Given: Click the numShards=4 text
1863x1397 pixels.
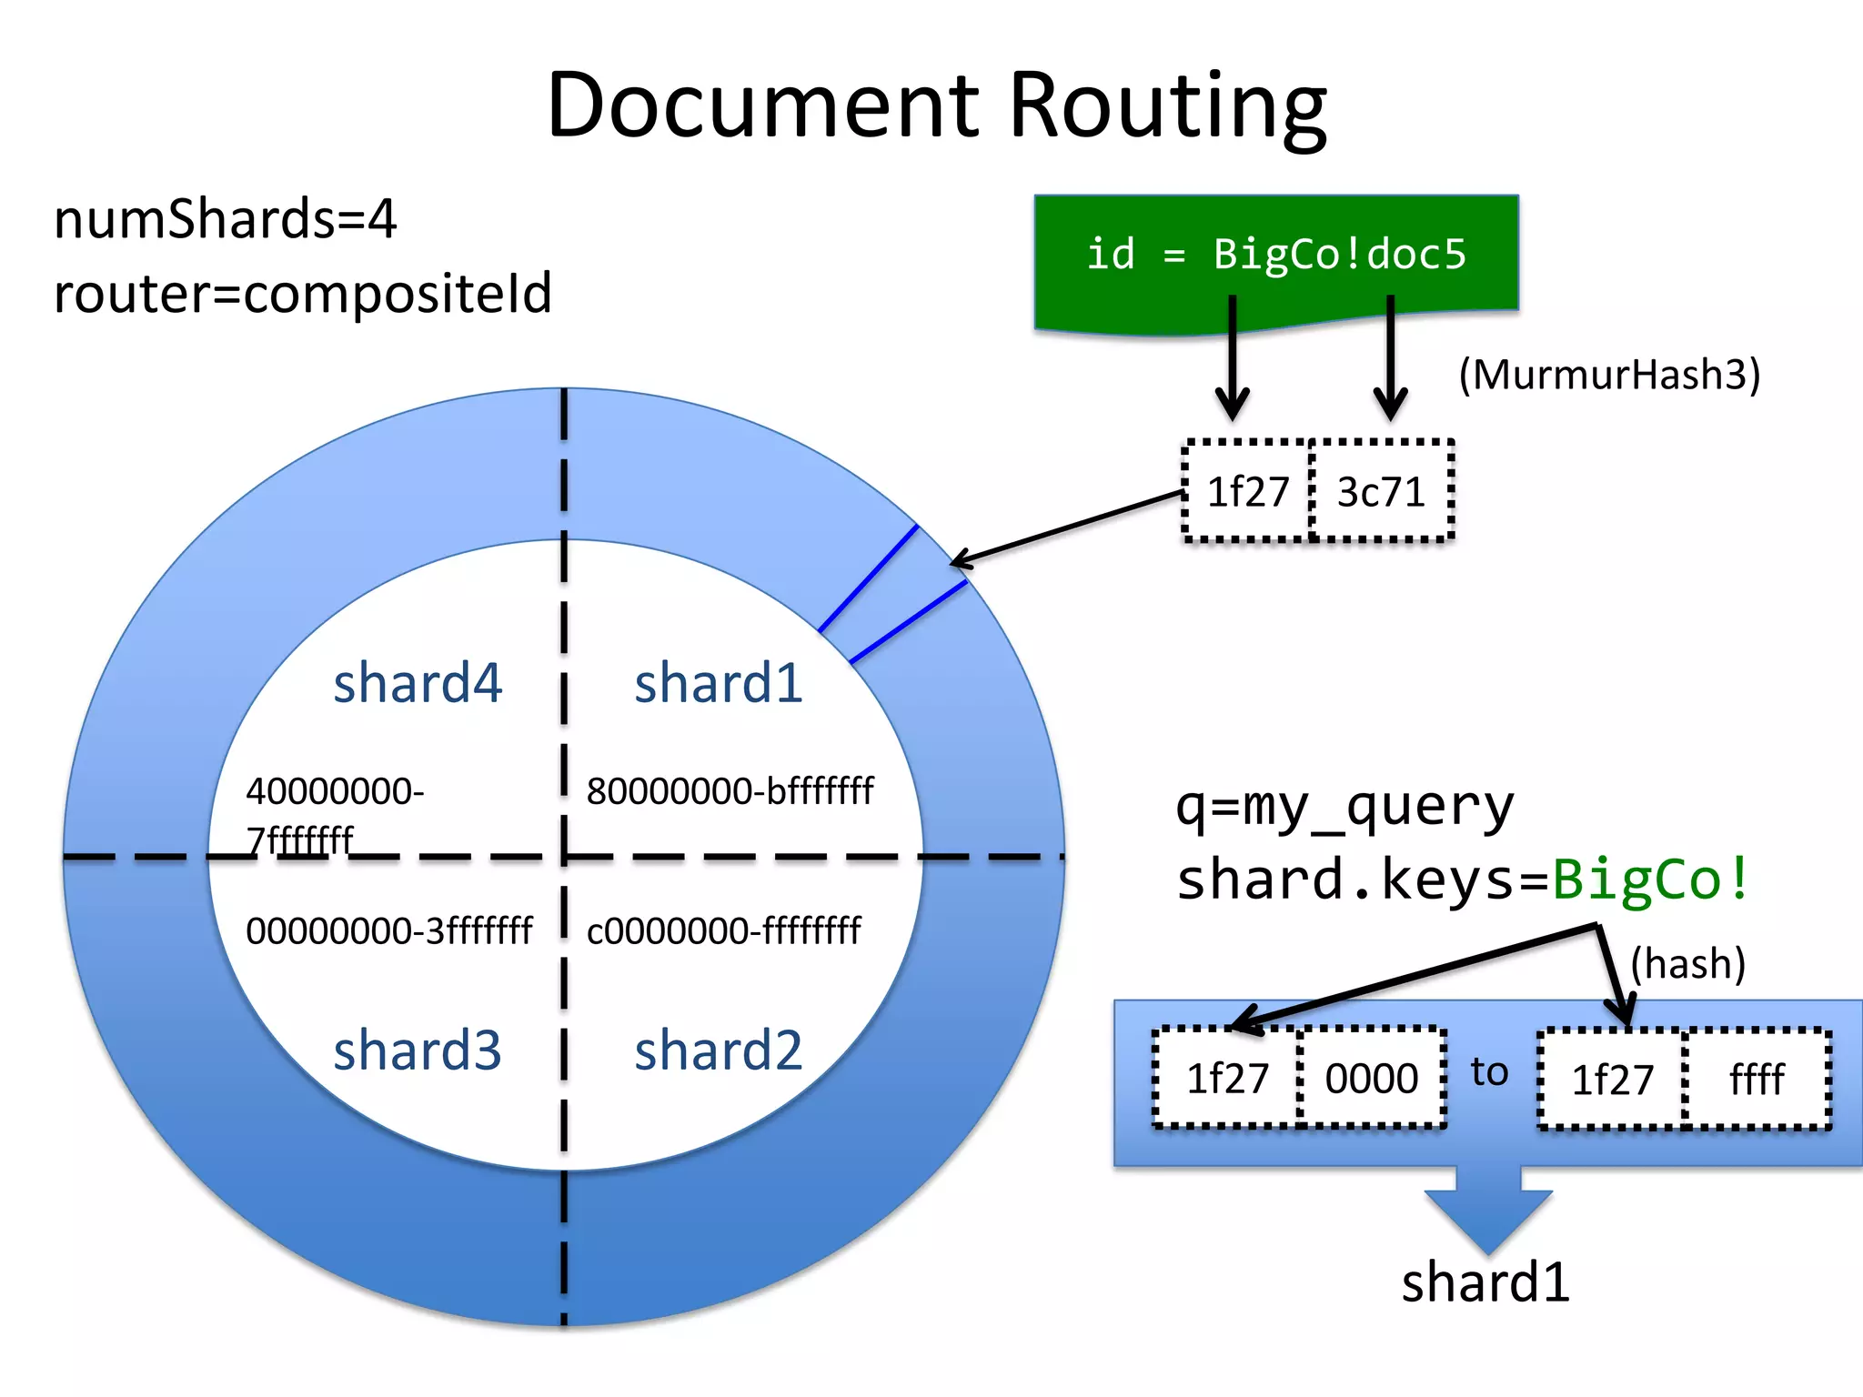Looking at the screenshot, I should tap(225, 219).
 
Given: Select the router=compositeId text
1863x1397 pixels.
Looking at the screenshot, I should tap(303, 293).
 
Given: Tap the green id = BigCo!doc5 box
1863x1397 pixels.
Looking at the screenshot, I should tap(1275, 255).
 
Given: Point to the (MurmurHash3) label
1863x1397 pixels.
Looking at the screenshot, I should tap(1609, 375).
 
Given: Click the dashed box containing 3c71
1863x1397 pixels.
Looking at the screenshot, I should tap(1381, 492).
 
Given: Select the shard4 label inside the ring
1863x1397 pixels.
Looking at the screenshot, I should tap(417, 684).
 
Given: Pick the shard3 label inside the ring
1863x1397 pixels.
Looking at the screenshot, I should tap(417, 1051).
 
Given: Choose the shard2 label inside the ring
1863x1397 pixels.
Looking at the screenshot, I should tap(718, 1051).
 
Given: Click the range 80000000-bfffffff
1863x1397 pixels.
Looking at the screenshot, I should tap(730, 791).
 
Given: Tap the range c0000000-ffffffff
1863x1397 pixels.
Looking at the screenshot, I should tap(723, 931).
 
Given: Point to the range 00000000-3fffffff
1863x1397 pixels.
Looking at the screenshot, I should tap(388, 931).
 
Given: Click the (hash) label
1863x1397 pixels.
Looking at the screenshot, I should tap(1687, 963).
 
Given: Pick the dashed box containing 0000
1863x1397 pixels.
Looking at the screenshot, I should tap(1371, 1079).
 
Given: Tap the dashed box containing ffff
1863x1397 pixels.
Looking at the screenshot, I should tap(1757, 1080).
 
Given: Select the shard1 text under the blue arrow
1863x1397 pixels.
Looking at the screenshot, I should tap(1485, 1282).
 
